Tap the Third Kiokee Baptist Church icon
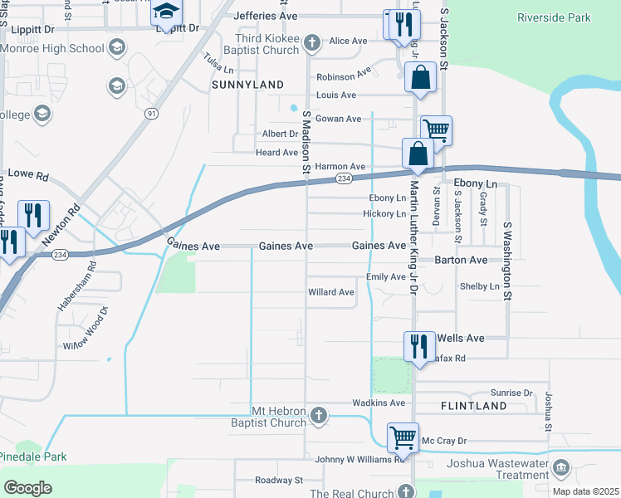click(311, 41)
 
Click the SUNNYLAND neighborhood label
click(248, 85)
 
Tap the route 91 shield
click(150, 113)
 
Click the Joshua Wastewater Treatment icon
click(562, 467)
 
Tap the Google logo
click(28, 487)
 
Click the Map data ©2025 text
click(585, 491)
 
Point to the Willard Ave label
click(331, 292)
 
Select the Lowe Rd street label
click(28, 176)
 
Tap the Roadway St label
click(279, 480)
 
